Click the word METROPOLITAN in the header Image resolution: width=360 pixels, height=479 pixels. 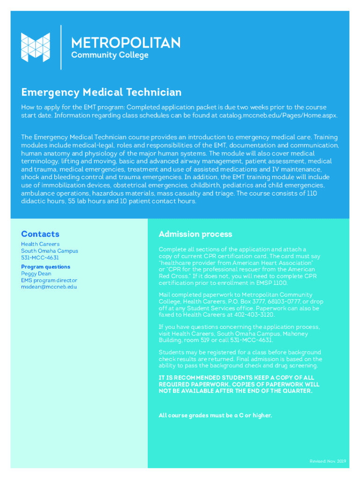[125, 43]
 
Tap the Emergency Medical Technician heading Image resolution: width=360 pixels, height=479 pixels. [101, 92]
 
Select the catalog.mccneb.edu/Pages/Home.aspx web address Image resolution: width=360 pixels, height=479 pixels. [278, 115]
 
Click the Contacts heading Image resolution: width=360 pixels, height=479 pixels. [40, 234]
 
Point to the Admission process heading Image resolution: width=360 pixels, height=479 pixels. [195, 234]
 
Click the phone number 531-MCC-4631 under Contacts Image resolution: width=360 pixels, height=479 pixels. [40, 258]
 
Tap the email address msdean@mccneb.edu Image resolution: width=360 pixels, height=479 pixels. [49, 287]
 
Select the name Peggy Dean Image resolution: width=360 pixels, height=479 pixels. [36, 274]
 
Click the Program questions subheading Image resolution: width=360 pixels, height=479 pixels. [45, 267]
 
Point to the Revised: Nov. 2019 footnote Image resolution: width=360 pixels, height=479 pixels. [327, 461]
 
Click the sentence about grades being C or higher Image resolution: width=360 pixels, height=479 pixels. [215, 415]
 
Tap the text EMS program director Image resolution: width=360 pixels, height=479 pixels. [49, 280]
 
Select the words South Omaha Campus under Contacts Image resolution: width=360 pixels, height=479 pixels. [50, 251]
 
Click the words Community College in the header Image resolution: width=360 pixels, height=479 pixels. [109, 55]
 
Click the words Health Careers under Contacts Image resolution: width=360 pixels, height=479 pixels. [40, 244]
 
